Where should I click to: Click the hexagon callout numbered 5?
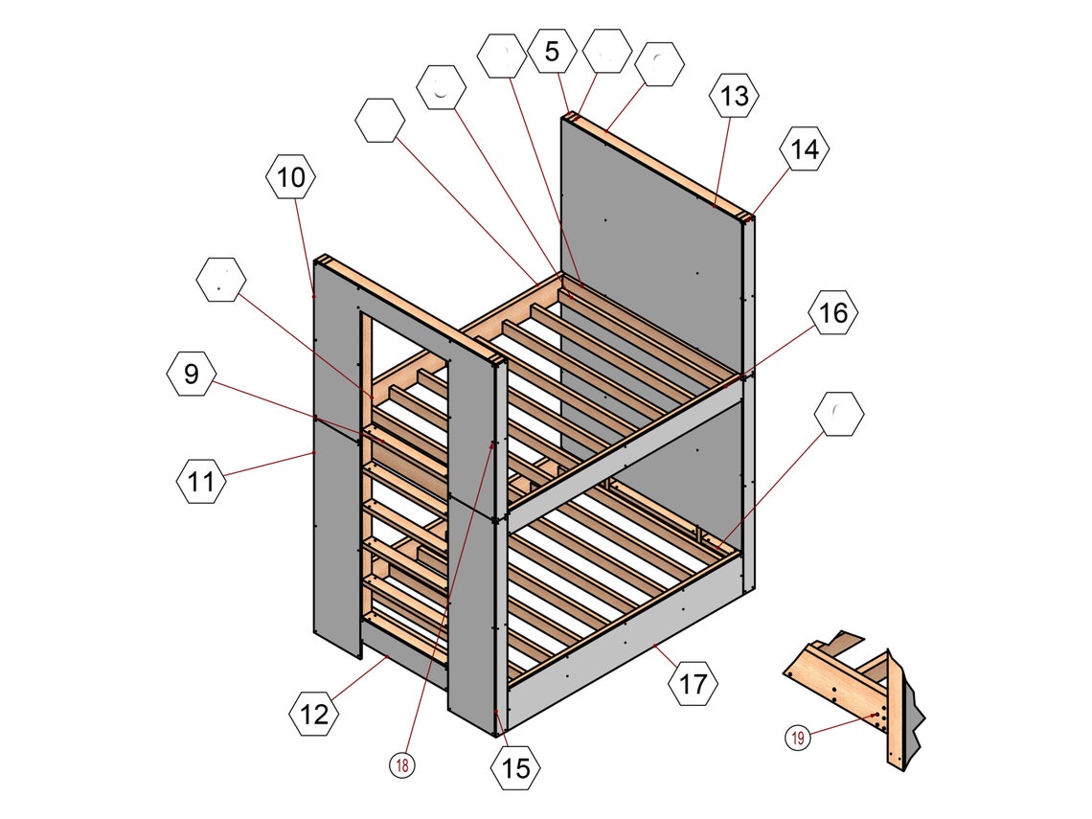(x=552, y=52)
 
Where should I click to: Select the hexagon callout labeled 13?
(x=734, y=97)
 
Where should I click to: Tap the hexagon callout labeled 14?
(x=805, y=149)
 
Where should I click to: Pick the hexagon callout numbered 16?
(x=833, y=313)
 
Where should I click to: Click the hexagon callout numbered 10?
(x=291, y=176)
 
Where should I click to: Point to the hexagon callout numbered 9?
(x=192, y=375)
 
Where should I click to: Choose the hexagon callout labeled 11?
(x=202, y=481)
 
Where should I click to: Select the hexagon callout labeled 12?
(x=314, y=714)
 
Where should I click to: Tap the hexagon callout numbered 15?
(x=515, y=767)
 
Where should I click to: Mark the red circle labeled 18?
(x=402, y=765)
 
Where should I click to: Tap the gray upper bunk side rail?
(x=623, y=450)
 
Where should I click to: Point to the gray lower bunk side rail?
(x=623, y=651)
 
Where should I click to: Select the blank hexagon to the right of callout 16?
(x=839, y=415)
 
